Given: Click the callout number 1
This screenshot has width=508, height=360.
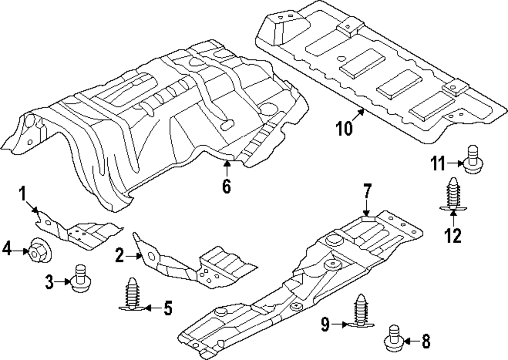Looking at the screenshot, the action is pyautogui.click(x=22, y=194).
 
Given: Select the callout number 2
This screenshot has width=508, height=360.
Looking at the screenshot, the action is pyautogui.click(x=120, y=255).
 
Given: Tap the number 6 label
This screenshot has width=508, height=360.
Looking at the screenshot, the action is pyautogui.click(x=227, y=186).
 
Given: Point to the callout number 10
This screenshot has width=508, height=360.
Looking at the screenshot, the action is pyautogui.click(x=344, y=128).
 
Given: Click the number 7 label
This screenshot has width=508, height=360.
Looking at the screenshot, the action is pyautogui.click(x=367, y=191).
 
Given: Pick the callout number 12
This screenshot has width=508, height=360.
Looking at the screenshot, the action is pyautogui.click(x=453, y=236).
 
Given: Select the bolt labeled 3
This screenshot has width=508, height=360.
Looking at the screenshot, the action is pyautogui.click(x=80, y=278).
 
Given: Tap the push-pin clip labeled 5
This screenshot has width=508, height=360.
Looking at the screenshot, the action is pyautogui.click(x=132, y=294).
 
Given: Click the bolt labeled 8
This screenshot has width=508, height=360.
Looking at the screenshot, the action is pyautogui.click(x=393, y=338).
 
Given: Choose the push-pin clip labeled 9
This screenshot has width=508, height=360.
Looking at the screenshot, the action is pyautogui.click(x=361, y=310).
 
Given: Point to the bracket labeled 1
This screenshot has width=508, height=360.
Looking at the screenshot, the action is pyautogui.click(x=78, y=230).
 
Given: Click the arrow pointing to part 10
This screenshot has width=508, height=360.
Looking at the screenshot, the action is pyautogui.click(x=357, y=115).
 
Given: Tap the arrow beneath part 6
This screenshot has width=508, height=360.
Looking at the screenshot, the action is pyautogui.click(x=227, y=168).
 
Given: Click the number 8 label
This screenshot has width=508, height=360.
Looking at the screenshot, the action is pyautogui.click(x=426, y=341).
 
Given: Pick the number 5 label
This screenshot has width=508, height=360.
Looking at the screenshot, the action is pyautogui.click(x=168, y=308).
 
